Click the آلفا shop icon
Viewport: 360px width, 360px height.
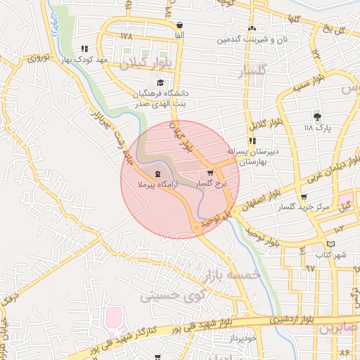pos(180,25)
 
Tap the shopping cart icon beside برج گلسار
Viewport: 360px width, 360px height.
pos(210,172)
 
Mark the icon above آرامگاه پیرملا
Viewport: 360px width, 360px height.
pos(156,174)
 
